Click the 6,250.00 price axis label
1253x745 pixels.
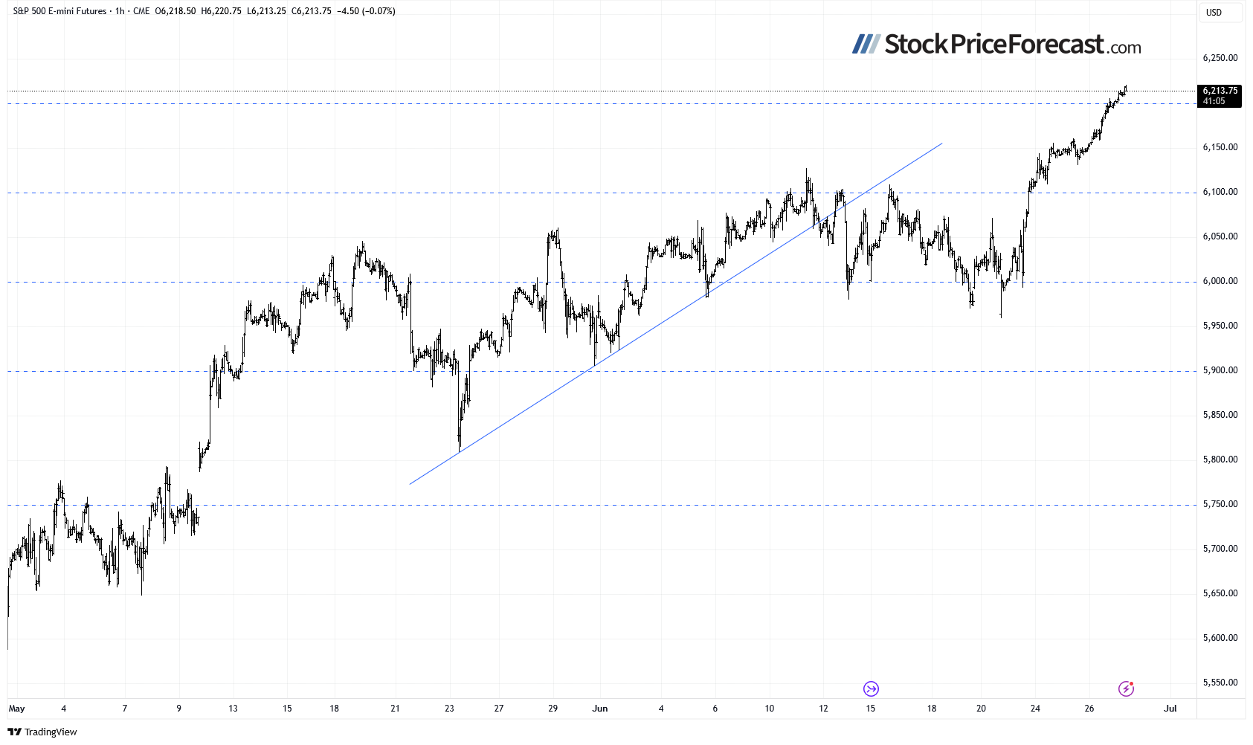(1220, 58)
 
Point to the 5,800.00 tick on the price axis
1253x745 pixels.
(1220, 459)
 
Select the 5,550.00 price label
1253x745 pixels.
(1220, 683)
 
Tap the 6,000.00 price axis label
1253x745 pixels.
(1220, 281)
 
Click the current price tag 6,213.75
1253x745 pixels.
(1220, 91)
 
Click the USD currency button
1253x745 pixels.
(1214, 13)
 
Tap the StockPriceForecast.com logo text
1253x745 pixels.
(996, 45)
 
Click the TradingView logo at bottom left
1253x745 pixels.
(42, 732)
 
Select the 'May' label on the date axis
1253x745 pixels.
(16, 709)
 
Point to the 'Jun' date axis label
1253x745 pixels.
(600, 709)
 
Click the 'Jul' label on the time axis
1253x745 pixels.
(1170, 709)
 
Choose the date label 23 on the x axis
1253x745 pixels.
(449, 709)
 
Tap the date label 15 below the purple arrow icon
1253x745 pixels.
(871, 709)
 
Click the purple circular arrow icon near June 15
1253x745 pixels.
(871, 688)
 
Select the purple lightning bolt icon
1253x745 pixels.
(1127, 688)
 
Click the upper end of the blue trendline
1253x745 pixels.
(942, 143)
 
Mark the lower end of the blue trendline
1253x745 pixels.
(410, 485)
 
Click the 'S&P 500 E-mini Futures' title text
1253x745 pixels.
(59, 11)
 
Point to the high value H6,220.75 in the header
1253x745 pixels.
(221, 11)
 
